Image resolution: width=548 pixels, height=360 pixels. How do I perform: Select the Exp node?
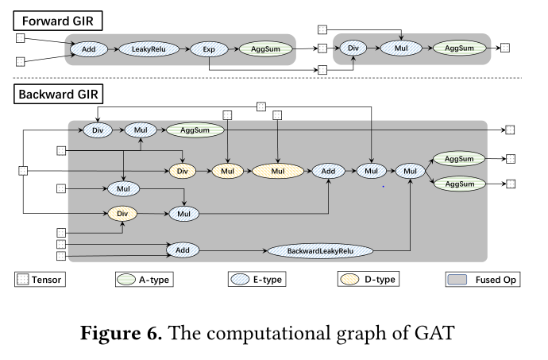[x=208, y=49]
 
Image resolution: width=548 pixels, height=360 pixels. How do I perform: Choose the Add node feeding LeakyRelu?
[x=89, y=49]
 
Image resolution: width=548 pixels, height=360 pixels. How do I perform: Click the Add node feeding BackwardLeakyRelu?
[x=183, y=250]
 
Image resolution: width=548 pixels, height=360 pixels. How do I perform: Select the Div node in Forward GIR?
[x=354, y=48]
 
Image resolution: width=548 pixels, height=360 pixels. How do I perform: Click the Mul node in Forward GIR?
[x=402, y=48]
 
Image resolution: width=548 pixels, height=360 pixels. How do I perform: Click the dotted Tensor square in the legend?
[x=21, y=279]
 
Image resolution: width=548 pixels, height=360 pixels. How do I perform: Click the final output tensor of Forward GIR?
[x=504, y=48]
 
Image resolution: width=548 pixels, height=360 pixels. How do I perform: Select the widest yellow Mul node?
[x=277, y=171]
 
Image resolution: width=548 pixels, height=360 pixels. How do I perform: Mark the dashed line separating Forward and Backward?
[x=274, y=78]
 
